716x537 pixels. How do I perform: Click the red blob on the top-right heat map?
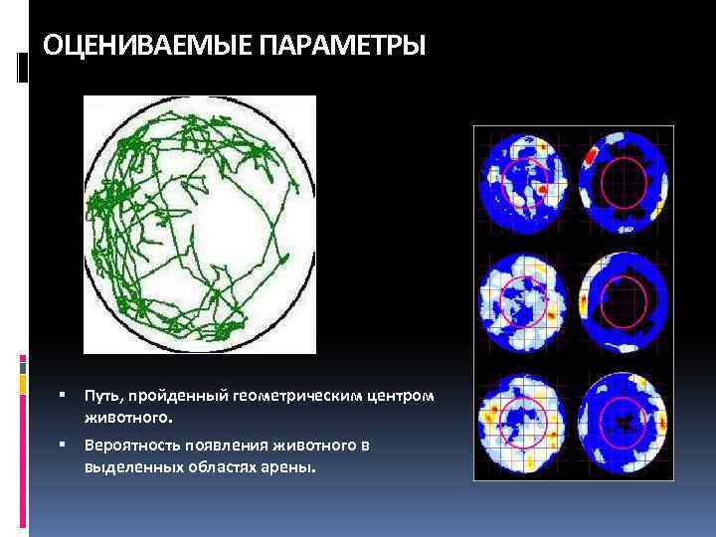(592, 156)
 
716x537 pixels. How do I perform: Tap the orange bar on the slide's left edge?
(23, 383)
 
